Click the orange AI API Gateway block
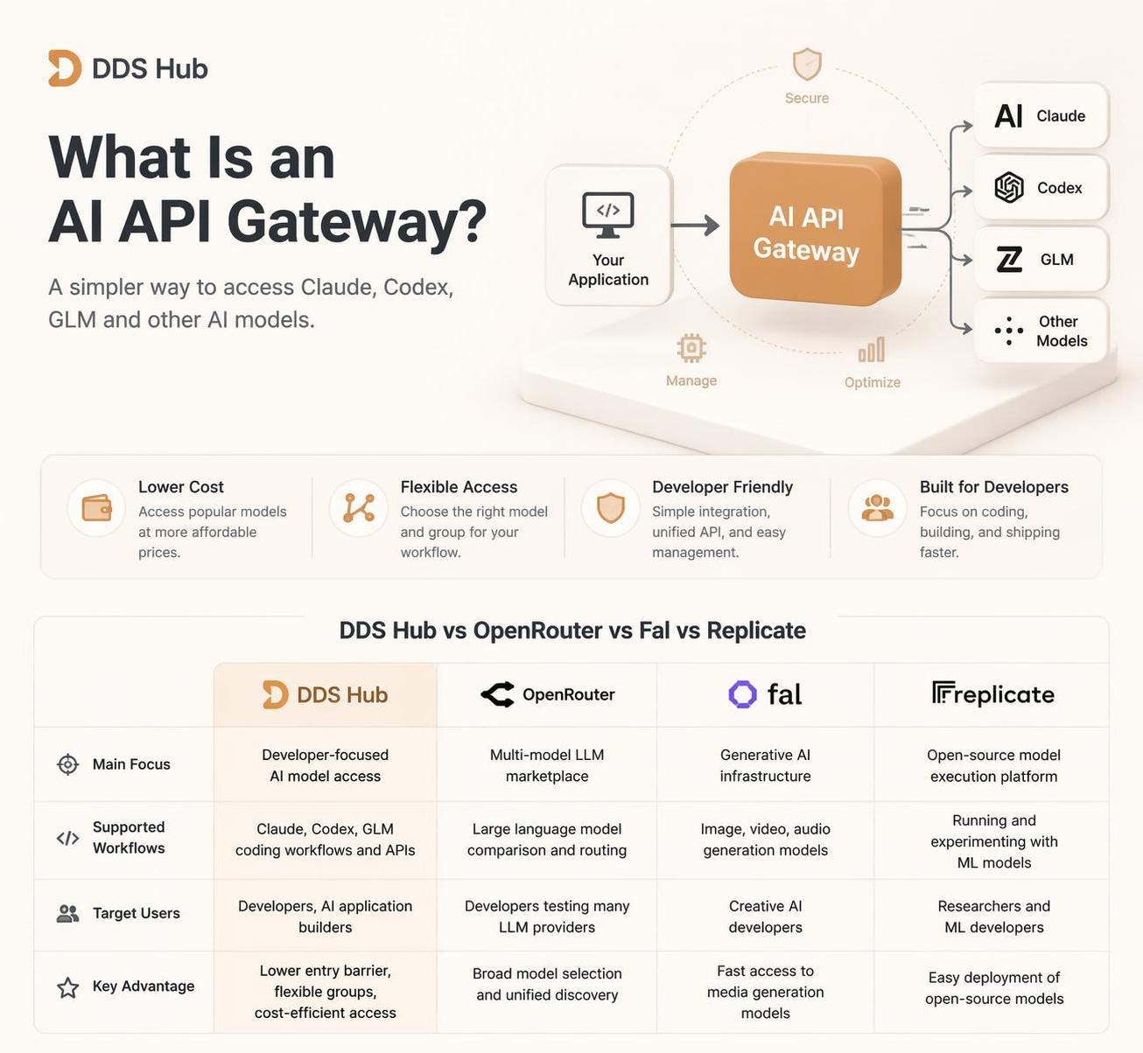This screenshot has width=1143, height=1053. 814,229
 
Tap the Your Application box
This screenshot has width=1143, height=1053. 608,235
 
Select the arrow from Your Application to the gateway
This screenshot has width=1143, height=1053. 695,225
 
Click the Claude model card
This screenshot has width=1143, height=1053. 1041,115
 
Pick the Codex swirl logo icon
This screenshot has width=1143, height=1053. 1009,187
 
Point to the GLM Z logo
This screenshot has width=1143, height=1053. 1009,260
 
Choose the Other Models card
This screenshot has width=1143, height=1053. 1041,331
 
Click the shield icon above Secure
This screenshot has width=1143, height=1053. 807,64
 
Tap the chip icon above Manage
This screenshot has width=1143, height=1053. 691,347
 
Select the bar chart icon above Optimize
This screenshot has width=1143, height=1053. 872,350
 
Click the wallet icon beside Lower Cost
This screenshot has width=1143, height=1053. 96,508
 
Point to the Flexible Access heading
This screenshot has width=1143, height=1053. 459,487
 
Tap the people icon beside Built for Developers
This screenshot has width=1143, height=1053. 877,508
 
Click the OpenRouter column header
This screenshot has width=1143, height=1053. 547,694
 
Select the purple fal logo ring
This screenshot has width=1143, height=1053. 742,694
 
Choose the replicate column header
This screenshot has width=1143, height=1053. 992,694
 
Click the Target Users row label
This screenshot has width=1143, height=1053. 137,913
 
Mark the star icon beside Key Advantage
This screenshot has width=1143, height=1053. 68,987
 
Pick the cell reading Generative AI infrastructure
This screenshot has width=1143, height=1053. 765,764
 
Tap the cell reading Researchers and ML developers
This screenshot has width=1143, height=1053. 994,916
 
